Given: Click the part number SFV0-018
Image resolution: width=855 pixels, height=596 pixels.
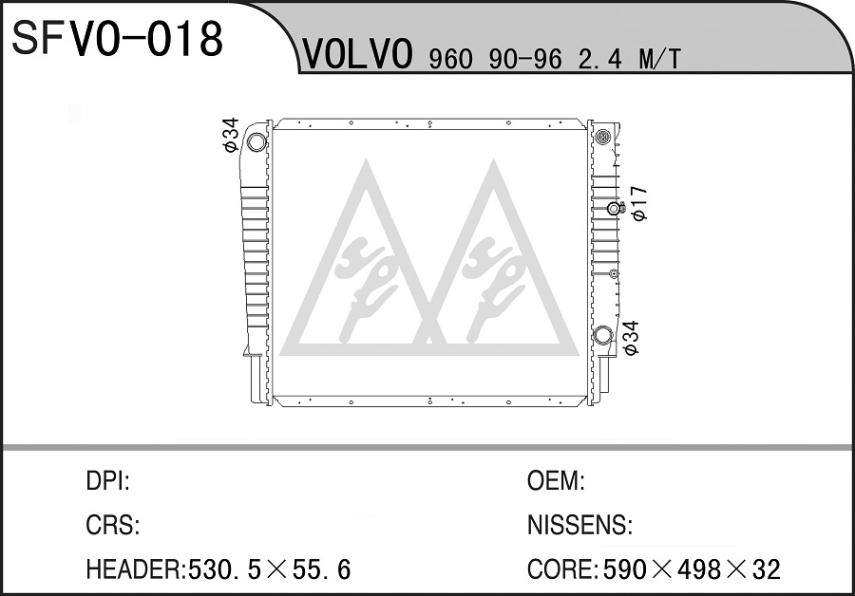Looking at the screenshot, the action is click(117, 38).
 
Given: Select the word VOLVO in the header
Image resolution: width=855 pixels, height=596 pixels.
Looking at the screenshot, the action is click(357, 54).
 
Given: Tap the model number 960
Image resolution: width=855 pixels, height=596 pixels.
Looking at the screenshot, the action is click(450, 59).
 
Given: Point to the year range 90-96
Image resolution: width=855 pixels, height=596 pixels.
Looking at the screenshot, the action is click(525, 59).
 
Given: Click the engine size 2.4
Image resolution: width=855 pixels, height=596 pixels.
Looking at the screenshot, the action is click(599, 59).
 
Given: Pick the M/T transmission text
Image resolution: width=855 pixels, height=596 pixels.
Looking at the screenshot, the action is click(659, 59).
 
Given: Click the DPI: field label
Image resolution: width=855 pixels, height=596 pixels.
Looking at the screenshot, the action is click(107, 481).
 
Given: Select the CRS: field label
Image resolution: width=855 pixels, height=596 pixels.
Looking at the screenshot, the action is click(113, 525).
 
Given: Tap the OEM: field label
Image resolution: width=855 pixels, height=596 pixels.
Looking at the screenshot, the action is click(556, 481).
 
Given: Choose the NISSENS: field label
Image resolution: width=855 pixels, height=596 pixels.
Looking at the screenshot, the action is click(579, 525).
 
